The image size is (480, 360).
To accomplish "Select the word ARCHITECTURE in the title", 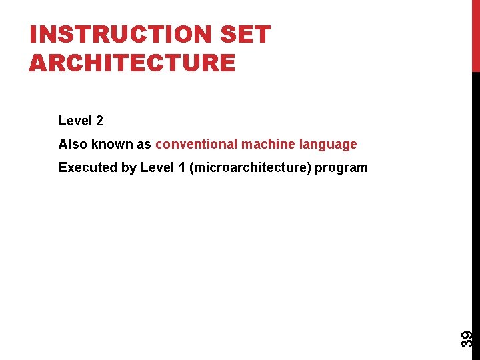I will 132,63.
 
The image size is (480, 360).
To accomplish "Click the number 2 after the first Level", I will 99,121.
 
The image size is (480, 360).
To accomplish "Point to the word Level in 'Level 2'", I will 75,121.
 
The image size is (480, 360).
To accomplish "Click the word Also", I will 73,144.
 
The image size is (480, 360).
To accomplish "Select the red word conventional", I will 197,144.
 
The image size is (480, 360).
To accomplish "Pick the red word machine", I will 267,144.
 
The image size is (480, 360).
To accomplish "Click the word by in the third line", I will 129,168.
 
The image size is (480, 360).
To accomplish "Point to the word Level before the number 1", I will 157,167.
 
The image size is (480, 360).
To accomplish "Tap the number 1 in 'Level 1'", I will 181,167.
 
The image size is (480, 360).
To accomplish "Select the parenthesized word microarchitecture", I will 250,167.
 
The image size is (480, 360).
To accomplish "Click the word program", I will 341,168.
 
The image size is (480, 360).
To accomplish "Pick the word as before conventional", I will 144,144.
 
